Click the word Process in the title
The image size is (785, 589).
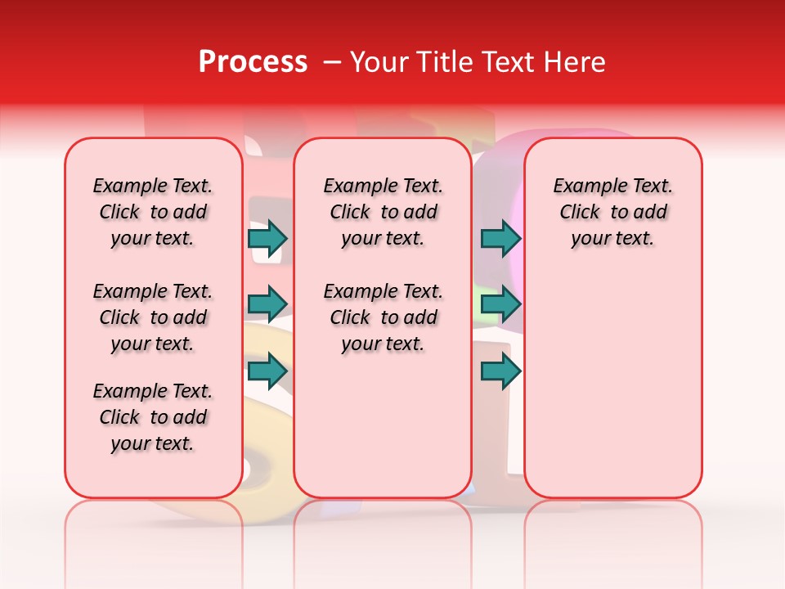pos(252,62)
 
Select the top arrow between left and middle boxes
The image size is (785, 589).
pos(267,238)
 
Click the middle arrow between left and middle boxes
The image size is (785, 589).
pos(267,304)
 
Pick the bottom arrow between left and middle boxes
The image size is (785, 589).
pos(267,371)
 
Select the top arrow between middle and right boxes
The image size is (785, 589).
pos(500,238)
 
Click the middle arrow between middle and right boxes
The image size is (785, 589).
pos(500,304)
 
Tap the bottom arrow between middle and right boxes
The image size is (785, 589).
pos(500,371)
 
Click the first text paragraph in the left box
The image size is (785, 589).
pos(153,212)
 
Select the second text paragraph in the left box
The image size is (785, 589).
pos(153,317)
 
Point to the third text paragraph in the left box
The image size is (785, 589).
pos(153,417)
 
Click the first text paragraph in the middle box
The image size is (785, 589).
pos(383,212)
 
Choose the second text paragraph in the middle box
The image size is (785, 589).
pos(383,317)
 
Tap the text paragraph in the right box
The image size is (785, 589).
pos(612,212)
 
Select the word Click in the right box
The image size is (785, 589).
pos(580,213)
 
